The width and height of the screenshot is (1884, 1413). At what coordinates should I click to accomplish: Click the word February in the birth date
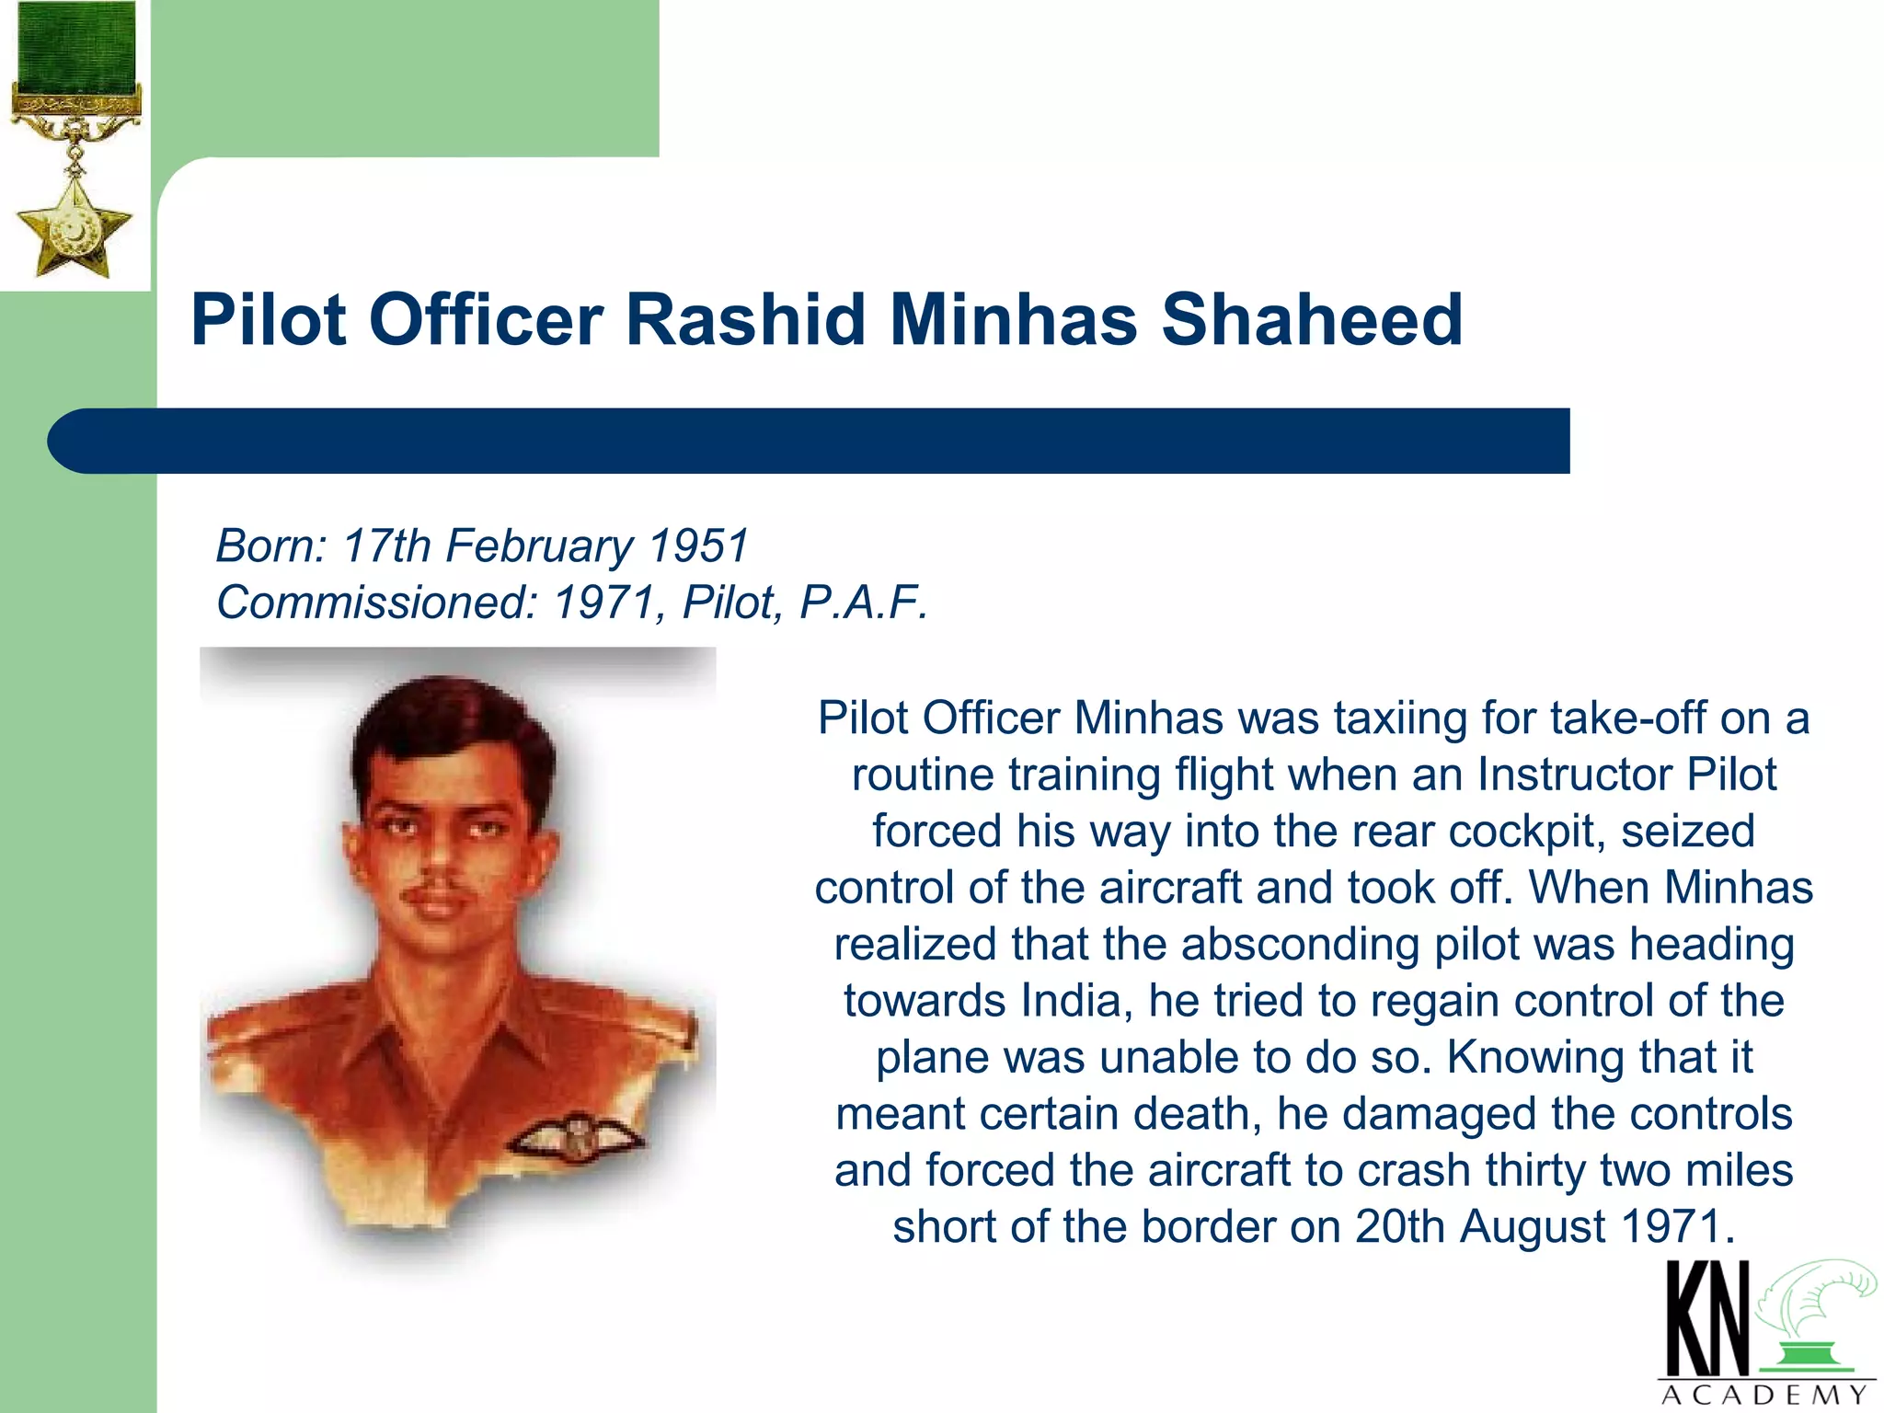tap(539, 546)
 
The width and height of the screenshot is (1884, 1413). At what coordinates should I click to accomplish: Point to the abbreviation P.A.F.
tap(864, 603)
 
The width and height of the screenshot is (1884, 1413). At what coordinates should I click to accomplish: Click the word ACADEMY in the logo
tap(1764, 1396)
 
